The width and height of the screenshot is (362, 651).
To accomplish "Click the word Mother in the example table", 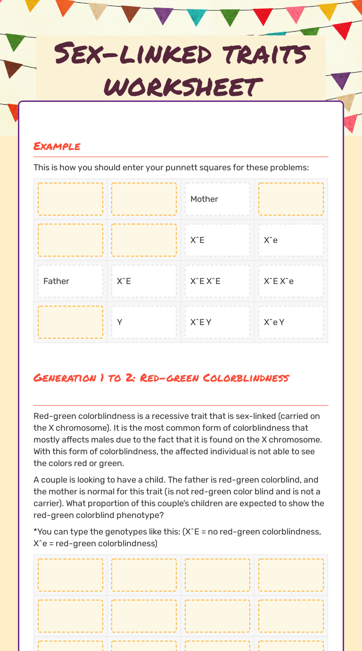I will click(x=204, y=199).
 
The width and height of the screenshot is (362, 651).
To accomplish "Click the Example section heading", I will click(x=57, y=146).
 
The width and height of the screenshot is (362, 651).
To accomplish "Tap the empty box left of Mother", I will click(x=144, y=199).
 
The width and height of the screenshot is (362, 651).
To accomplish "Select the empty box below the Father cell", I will click(x=70, y=322).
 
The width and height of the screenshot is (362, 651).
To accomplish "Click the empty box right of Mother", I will click(x=291, y=199).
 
